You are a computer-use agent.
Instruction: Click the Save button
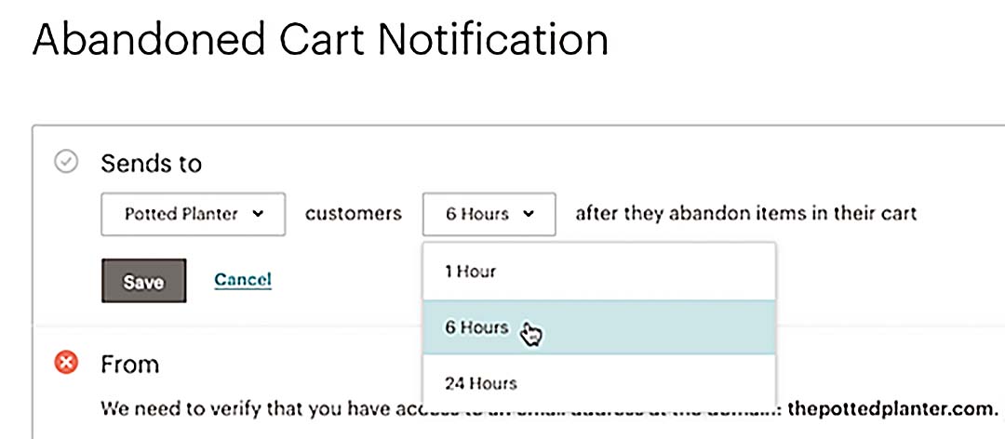click(x=143, y=281)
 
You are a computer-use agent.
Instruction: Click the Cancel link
click(x=243, y=279)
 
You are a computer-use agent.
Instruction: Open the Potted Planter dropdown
click(x=193, y=214)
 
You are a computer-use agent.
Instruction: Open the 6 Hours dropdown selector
click(x=489, y=214)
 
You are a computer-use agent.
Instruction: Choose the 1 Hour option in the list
click(x=470, y=272)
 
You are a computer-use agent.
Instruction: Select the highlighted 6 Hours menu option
click(x=476, y=327)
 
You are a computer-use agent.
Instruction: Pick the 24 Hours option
click(x=480, y=382)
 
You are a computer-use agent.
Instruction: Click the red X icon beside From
click(x=66, y=363)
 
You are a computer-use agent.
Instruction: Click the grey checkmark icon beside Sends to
click(x=66, y=163)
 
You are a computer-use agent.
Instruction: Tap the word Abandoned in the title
click(x=129, y=41)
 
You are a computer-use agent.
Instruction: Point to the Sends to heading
click(x=151, y=164)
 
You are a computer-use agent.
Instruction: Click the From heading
click(x=129, y=364)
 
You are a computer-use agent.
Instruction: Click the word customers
click(x=354, y=214)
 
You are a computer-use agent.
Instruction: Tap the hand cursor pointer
click(x=532, y=334)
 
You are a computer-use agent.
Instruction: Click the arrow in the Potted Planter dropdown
click(x=258, y=214)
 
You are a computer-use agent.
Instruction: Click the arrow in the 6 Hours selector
click(x=529, y=214)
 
